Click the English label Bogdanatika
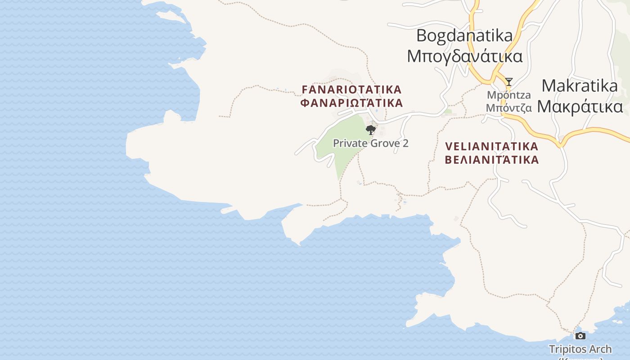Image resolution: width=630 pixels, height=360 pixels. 464,35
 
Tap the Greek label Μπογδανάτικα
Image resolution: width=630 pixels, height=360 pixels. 464,56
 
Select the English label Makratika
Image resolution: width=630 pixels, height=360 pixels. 579,85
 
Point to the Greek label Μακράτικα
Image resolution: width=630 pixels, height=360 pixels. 580,107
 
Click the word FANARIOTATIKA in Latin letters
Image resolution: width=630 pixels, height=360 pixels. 351,89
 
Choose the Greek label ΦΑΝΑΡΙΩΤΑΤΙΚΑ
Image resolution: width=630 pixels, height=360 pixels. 351,103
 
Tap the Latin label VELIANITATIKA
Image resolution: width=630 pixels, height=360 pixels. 491,146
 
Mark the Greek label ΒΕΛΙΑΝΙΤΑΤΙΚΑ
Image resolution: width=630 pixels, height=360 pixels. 491,159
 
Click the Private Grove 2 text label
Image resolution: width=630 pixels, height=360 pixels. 370,143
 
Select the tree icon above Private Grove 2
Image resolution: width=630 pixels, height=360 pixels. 371,130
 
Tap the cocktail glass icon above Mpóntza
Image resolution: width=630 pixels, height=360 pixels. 508,82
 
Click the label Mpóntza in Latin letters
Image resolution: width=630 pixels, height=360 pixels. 509,95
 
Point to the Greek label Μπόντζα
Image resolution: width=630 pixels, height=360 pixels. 509,108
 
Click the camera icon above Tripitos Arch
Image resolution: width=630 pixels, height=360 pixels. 580,336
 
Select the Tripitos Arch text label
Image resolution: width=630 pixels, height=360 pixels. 580,349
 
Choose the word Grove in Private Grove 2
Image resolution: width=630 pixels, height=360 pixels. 383,143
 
